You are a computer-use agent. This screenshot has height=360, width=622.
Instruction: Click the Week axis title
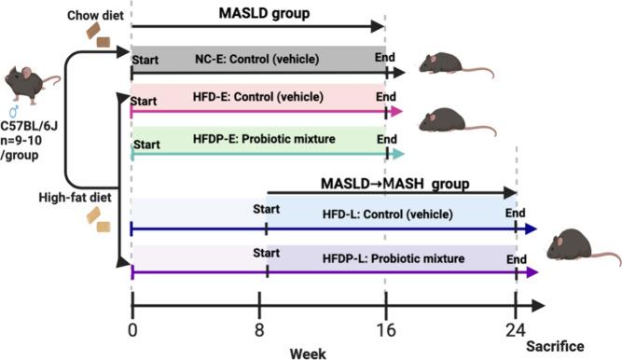coord(307,352)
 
